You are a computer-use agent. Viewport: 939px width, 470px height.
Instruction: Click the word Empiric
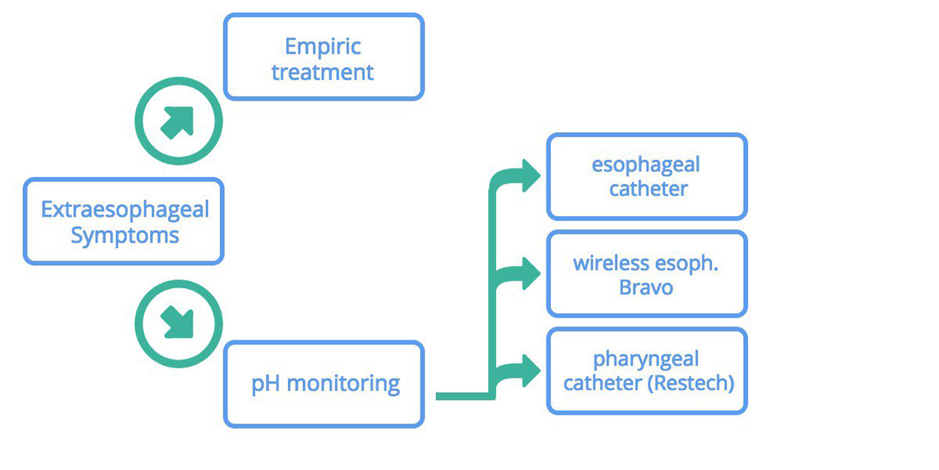tap(323, 46)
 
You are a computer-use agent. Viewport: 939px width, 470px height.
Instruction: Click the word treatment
tap(323, 72)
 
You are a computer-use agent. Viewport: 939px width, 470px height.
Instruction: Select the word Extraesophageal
tap(125, 209)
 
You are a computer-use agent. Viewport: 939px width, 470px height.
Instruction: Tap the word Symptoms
tap(125, 236)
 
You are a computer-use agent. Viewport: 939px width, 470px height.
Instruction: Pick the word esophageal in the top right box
tap(646, 165)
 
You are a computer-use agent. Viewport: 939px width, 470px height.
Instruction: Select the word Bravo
tap(646, 288)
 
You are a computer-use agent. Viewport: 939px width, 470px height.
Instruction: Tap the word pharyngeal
tap(646, 360)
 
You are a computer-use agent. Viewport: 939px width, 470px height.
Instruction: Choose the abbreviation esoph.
tap(686, 263)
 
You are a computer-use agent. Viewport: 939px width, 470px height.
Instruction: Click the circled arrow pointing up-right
tap(178, 122)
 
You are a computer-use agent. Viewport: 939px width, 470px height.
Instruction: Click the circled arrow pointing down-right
tap(178, 323)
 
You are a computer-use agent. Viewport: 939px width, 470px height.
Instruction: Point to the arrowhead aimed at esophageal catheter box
tap(529, 175)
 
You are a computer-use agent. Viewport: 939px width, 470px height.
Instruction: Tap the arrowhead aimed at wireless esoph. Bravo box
tap(529, 273)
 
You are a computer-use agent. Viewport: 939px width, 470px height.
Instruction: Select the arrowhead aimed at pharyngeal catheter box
tap(529, 371)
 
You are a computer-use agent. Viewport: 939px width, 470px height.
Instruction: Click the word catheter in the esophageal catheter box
tap(648, 189)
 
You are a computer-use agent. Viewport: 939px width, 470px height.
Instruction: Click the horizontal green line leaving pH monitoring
tap(463, 396)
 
